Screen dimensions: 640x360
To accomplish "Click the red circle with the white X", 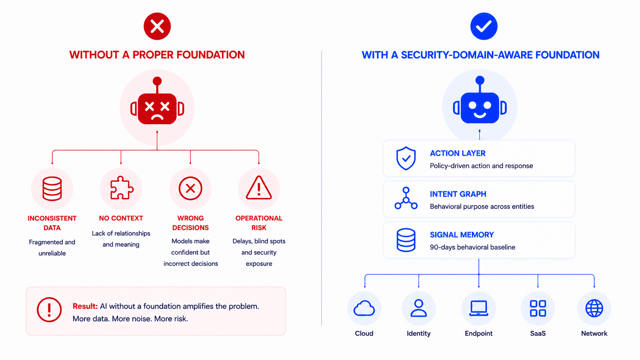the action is [157, 26].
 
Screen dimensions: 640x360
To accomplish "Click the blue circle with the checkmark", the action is [484, 26].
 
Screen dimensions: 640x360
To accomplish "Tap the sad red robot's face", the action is [157, 109].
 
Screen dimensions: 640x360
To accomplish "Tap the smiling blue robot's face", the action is [480, 108].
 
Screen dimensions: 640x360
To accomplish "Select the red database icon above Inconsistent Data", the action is [52, 189].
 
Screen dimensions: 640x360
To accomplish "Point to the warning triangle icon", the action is [259, 187].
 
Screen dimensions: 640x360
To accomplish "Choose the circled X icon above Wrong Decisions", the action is [190, 189].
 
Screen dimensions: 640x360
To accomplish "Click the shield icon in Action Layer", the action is [406, 158].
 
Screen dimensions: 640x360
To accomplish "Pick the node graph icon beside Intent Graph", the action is [406, 199].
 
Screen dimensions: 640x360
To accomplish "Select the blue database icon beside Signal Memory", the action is [406, 240].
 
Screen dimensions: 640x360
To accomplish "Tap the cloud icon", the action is [364, 308].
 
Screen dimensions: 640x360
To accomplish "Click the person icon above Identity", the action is [419, 308].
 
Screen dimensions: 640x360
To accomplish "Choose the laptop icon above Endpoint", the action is [478, 308].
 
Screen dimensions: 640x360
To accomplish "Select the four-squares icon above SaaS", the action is [538, 308].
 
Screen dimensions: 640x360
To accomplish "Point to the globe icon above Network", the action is [594, 308].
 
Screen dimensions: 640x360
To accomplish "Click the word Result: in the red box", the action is [85, 306].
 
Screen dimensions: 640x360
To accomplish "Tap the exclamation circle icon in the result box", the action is [49, 310].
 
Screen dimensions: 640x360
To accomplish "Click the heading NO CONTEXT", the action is [121, 218].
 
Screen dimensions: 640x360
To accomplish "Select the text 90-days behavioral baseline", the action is [473, 247].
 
